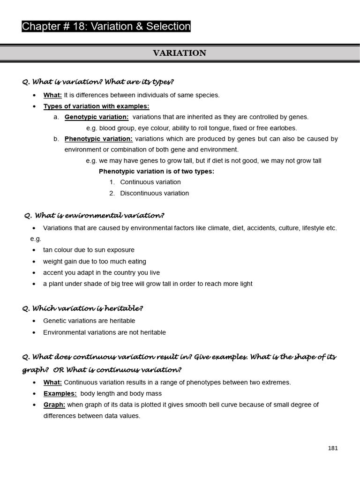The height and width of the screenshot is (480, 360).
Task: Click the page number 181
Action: (333, 448)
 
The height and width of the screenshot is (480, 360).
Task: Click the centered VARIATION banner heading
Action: (180, 53)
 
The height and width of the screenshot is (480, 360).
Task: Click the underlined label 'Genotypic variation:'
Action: (97, 117)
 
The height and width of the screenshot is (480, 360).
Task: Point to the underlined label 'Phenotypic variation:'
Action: (98, 139)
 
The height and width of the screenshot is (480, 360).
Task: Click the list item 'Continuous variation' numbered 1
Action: (150, 182)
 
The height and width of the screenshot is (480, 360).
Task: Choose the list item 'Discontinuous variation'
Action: (154, 193)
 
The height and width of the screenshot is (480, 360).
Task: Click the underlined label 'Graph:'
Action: (54, 405)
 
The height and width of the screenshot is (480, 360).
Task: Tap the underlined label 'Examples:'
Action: (60, 394)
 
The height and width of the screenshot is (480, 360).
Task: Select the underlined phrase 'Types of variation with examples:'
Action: (96, 106)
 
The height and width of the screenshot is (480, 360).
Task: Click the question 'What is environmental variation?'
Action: (94, 216)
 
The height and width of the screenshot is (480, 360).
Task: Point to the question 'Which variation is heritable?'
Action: (82, 308)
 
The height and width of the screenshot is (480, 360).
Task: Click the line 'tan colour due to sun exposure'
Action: (89, 250)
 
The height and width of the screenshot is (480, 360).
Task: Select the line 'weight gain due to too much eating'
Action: (95, 262)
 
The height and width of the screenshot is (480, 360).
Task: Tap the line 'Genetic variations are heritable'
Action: (89, 321)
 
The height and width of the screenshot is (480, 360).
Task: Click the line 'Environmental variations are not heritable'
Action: (105, 332)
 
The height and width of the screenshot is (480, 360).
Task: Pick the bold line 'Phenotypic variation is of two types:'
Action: (157, 171)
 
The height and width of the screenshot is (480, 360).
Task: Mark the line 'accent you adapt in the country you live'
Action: (101, 273)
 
